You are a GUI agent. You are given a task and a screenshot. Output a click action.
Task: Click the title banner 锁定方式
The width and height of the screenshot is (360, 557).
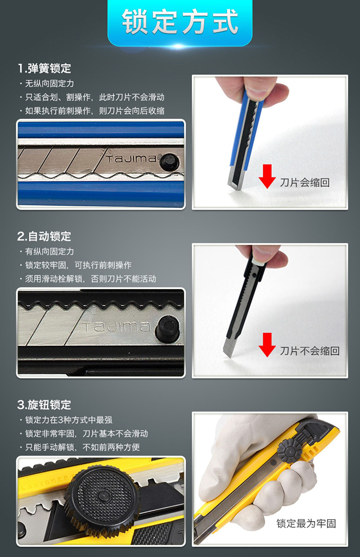(180, 22)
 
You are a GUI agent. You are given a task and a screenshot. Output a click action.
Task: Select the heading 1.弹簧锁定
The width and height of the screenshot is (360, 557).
(45, 68)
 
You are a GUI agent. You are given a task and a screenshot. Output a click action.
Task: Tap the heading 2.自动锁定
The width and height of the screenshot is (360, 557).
(44, 236)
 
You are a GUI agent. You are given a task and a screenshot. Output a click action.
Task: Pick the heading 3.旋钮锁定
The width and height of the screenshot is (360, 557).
(44, 404)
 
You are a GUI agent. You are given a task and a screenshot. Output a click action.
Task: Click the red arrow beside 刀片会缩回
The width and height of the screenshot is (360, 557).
(267, 176)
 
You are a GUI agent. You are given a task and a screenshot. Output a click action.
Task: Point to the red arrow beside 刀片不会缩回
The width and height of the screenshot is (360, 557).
(267, 344)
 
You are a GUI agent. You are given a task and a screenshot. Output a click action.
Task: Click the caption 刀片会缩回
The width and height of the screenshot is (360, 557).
(305, 183)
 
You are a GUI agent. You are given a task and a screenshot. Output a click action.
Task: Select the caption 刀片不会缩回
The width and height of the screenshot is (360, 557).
(310, 351)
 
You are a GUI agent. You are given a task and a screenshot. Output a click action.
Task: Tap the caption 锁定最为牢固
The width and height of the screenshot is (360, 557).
(306, 523)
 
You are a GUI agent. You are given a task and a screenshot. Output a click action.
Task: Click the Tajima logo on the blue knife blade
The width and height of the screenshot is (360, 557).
(131, 158)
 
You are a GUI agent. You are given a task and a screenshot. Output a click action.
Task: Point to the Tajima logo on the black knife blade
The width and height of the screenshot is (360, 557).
(116, 326)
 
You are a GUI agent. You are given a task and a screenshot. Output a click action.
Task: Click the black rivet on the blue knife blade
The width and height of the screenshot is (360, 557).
(169, 163)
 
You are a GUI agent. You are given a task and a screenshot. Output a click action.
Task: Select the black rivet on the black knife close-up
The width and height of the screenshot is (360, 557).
(168, 329)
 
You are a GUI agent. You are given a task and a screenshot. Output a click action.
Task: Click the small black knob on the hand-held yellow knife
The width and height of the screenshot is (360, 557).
(289, 450)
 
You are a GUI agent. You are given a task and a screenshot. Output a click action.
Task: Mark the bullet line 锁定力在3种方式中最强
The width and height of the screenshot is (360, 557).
(66, 420)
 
